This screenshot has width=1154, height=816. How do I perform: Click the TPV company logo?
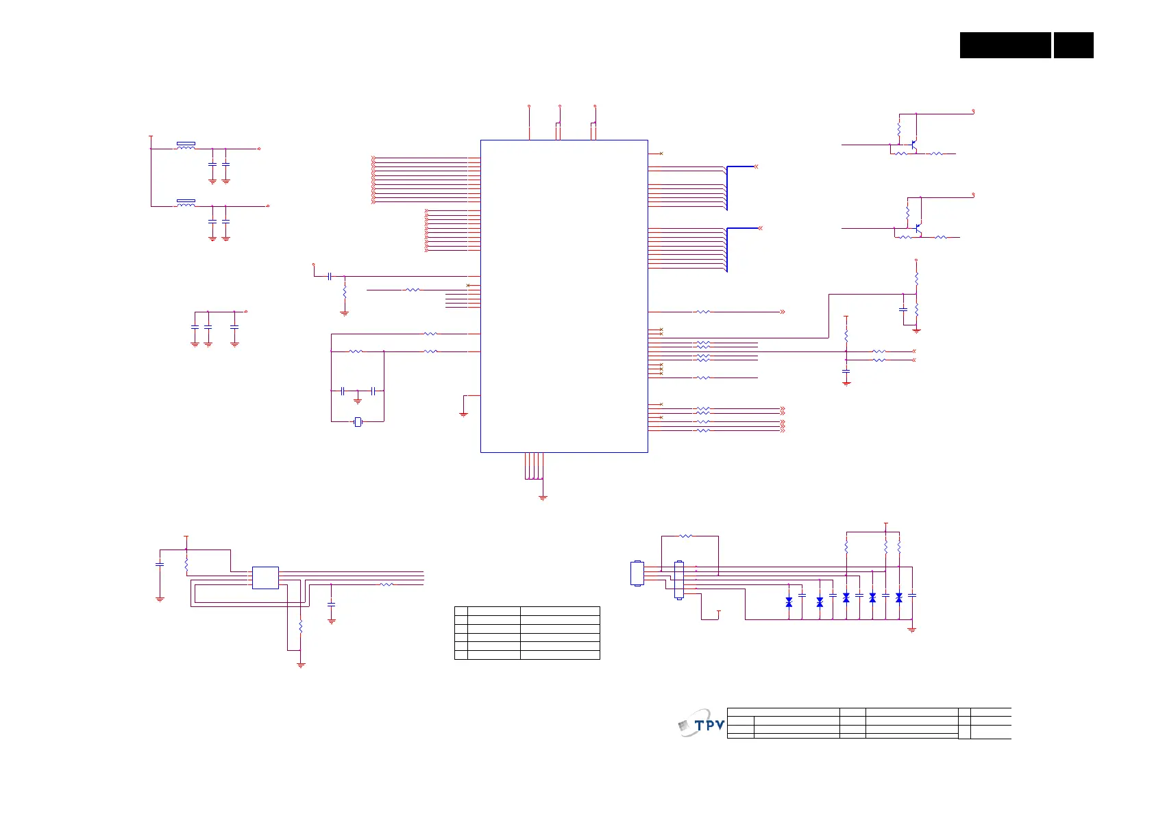click(702, 724)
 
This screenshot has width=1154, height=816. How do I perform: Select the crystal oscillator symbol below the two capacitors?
click(358, 421)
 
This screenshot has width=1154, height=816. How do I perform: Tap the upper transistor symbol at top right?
click(913, 145)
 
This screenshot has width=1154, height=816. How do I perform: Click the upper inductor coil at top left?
click(186, 146)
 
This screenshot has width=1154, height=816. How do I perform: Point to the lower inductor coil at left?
click(186, 203)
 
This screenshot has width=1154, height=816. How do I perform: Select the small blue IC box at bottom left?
click(265, 578)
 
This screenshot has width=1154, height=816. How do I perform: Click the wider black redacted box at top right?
click(1005, 45)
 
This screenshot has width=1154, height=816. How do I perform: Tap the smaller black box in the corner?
click(1073, 45)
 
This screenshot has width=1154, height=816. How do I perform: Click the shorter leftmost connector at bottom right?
click(637, 573)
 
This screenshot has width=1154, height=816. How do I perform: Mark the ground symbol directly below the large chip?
click(543, 497)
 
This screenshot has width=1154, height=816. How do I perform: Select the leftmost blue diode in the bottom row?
click(789, 602)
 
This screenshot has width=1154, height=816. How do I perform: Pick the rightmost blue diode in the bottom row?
click(898, 598)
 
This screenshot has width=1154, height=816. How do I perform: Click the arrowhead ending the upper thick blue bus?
click(756, 166)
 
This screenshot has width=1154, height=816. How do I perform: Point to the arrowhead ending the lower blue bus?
click(760, 228)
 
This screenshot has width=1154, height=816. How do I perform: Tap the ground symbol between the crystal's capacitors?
click(358, 400)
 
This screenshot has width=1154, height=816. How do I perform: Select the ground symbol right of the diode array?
click(912, 629)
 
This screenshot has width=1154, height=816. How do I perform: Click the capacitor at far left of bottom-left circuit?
click(160, 564)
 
